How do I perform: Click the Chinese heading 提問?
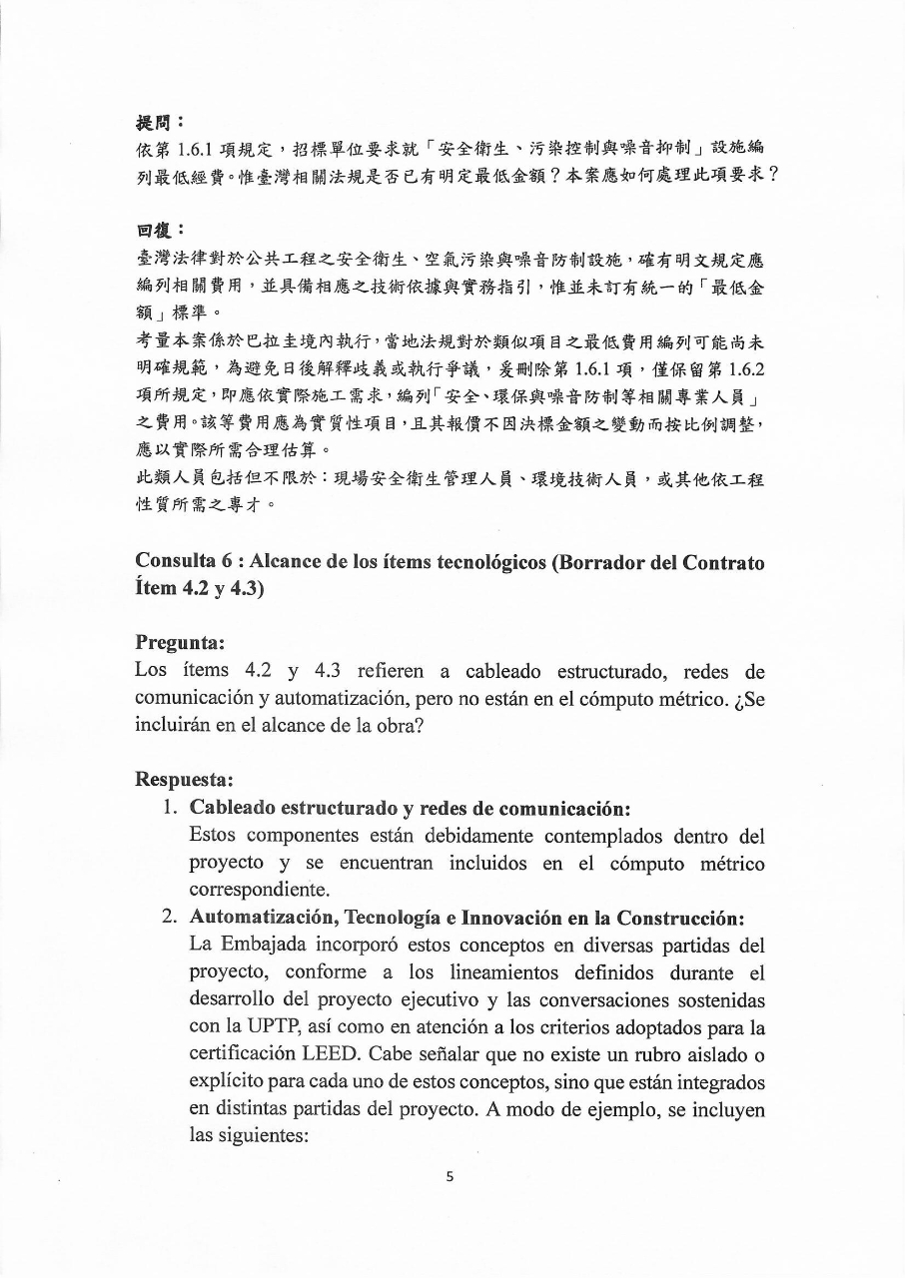(153, 122)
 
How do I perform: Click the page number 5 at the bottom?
(450, 1176)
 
